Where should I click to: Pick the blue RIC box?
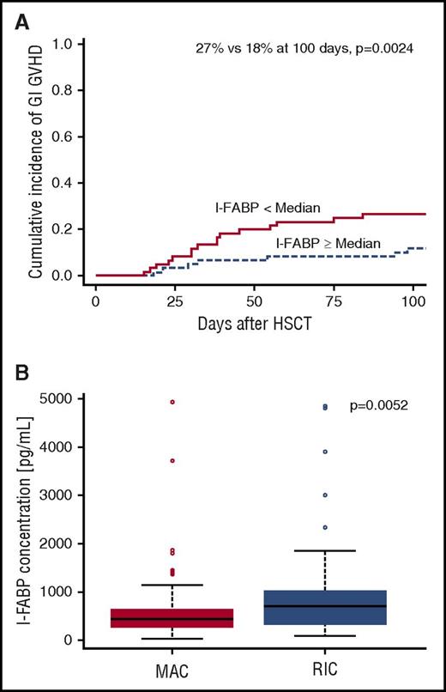325,607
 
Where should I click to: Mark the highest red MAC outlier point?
172,401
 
